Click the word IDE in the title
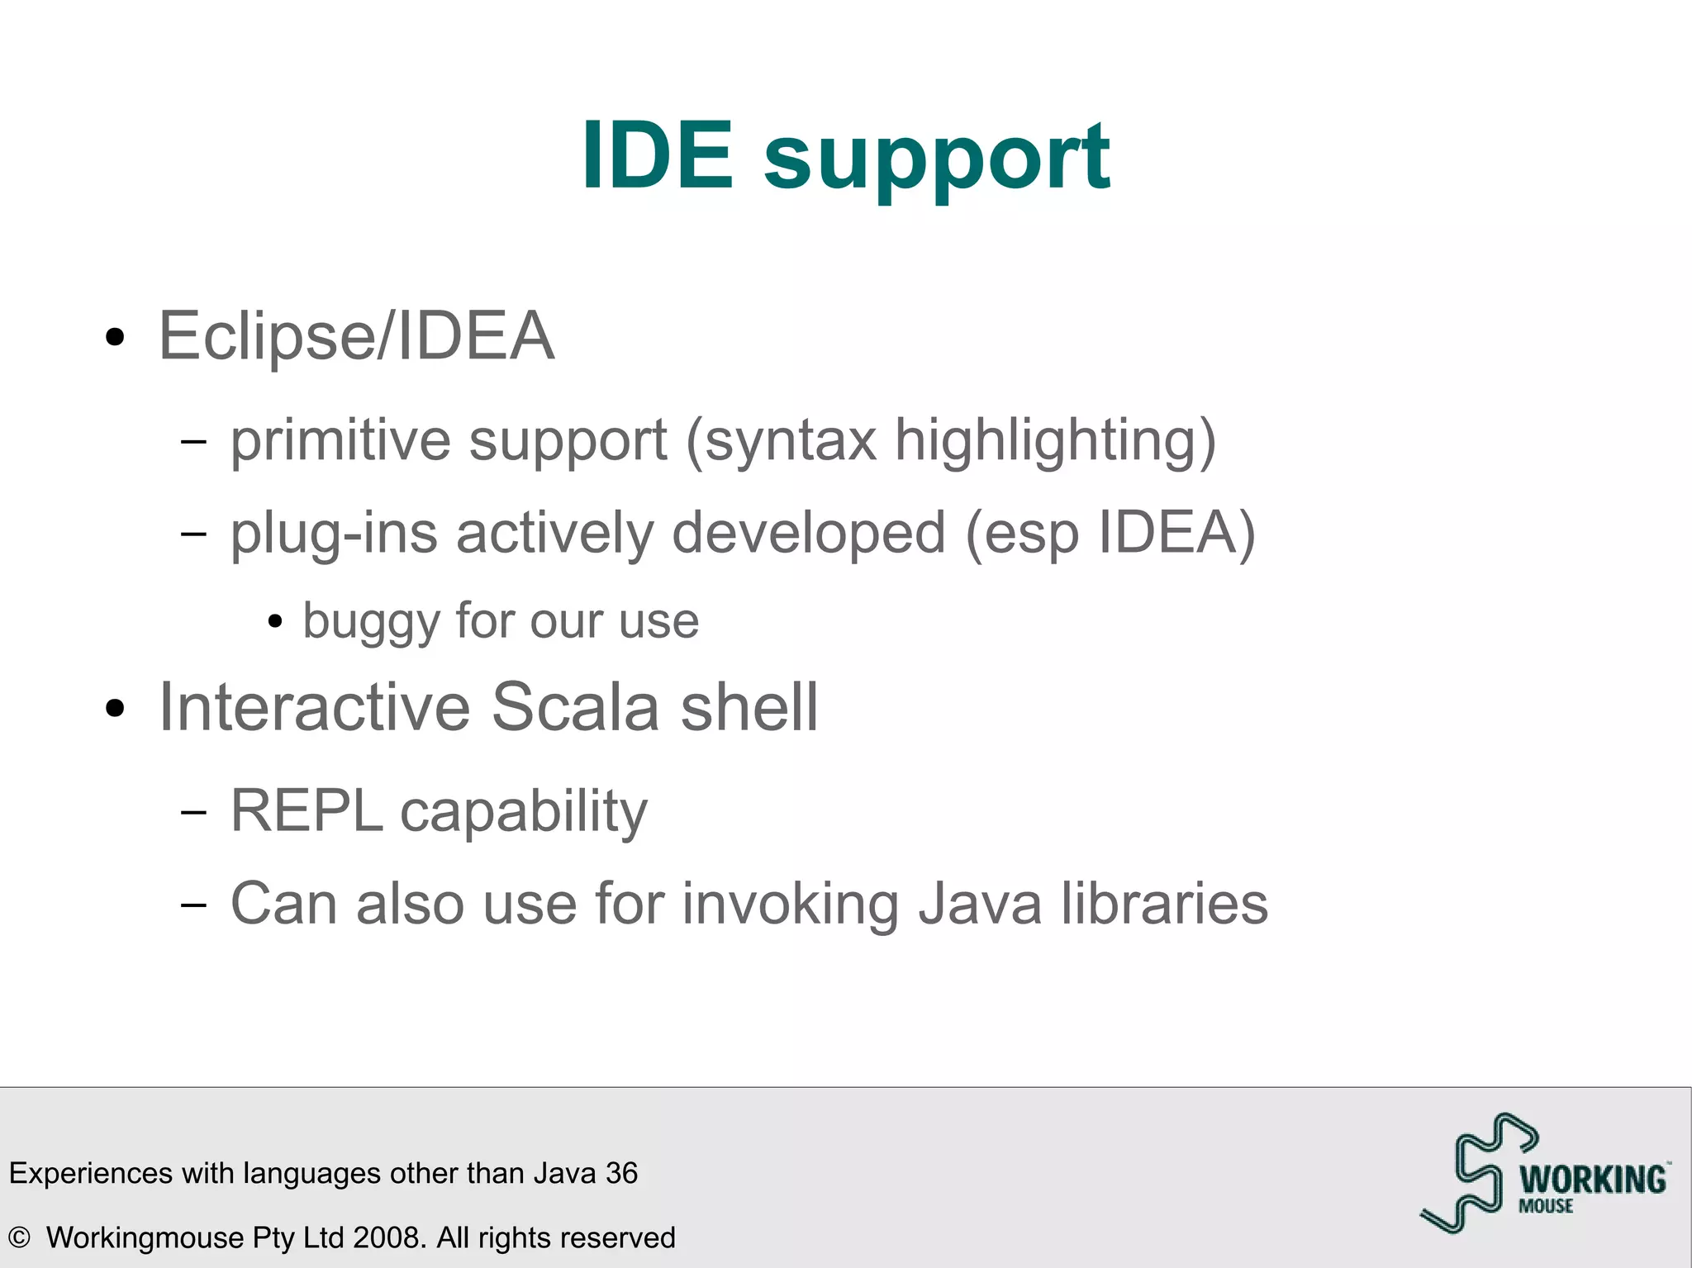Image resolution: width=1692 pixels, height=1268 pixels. [657, 155]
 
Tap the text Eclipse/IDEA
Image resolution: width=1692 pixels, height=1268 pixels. [355, 336]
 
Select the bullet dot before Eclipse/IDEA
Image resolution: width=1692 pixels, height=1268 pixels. [115, 337]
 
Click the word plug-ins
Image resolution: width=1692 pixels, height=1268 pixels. [334, 534]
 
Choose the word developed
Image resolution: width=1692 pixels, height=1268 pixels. [808, 534]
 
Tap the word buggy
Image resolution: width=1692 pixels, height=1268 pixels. [369, 621]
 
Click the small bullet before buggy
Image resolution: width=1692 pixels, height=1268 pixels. [276, 621]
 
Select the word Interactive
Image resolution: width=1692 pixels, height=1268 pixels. [314, 708]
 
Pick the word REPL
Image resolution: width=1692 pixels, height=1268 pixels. [306, 811]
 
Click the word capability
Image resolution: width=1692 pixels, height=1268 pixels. [524, 813]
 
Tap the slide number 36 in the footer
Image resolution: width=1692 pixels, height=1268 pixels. [621, 1173]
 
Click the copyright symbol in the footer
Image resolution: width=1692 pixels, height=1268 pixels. [19, 1237]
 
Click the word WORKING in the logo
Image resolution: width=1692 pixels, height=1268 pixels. [1592, 1180]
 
